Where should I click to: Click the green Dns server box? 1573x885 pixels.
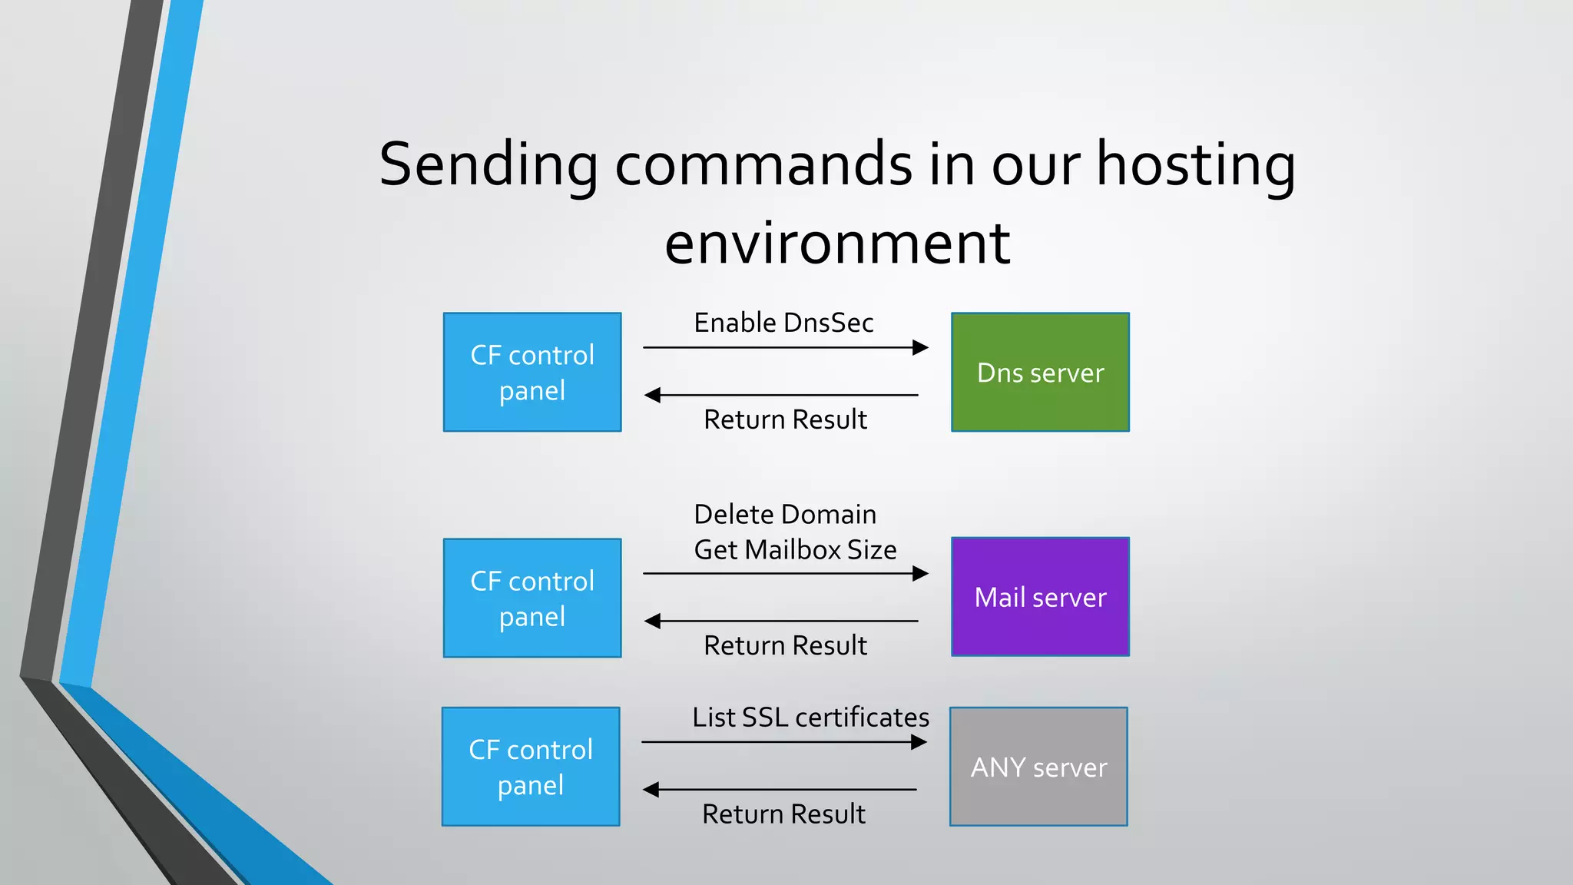[x=1040, y=373]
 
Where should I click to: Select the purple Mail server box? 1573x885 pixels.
[x=1040, y=597]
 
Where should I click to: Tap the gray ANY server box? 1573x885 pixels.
[x=1038, y=767]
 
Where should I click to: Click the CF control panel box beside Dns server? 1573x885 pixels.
[x=532, y=373]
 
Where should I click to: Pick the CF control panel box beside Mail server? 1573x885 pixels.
[x=532, y=598]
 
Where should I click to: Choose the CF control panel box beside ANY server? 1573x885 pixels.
[x=531, y=767]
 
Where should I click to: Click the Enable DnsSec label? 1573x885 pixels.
[x=783, y=323]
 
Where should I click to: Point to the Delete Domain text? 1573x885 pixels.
[x=785, y=514]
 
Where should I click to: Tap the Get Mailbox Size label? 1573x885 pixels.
[x=795, y=550]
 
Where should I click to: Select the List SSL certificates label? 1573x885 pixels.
[x=810, y=717]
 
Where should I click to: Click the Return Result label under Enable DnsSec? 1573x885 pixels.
[x=785, y=419]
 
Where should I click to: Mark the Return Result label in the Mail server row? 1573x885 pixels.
[x=785, y=645]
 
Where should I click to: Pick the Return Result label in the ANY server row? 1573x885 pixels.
[x=783, y=814]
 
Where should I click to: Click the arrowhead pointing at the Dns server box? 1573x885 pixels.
[x=920, y=348]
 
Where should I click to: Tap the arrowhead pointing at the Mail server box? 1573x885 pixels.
[x=920, y=574]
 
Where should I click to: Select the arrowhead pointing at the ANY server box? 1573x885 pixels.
[x=919, y=742]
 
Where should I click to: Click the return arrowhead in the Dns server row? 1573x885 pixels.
[x=653, y=395]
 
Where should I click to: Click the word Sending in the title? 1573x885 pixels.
[x=488, y=164]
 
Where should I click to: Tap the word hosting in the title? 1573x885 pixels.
[x=1195, y=164]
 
